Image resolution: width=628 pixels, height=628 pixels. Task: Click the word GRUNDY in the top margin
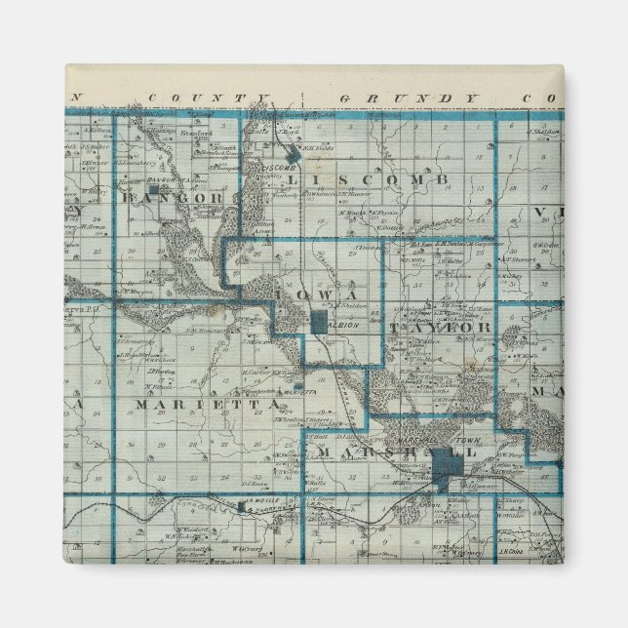tap(409, 99)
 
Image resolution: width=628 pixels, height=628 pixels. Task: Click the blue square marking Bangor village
tap(165, 178)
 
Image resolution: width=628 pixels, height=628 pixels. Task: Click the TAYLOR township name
tap(440, 327)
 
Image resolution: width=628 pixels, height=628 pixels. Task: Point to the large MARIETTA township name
tap(195, 404)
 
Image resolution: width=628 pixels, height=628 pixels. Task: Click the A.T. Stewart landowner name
tap(513, 260)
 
